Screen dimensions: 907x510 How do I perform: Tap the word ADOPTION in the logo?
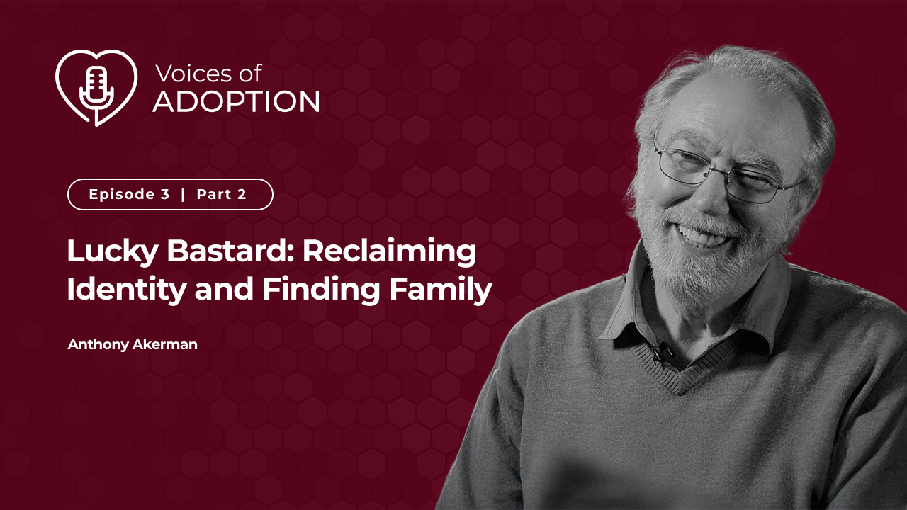tap(236, 101)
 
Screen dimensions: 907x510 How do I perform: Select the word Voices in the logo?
tap(191, 74)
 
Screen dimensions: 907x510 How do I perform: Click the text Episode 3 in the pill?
tap(129, 194)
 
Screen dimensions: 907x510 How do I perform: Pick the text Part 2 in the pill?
tap(222, 194)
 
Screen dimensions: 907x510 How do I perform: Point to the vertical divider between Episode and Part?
tap(183, 194)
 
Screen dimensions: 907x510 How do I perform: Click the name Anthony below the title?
tap(98, 345)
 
